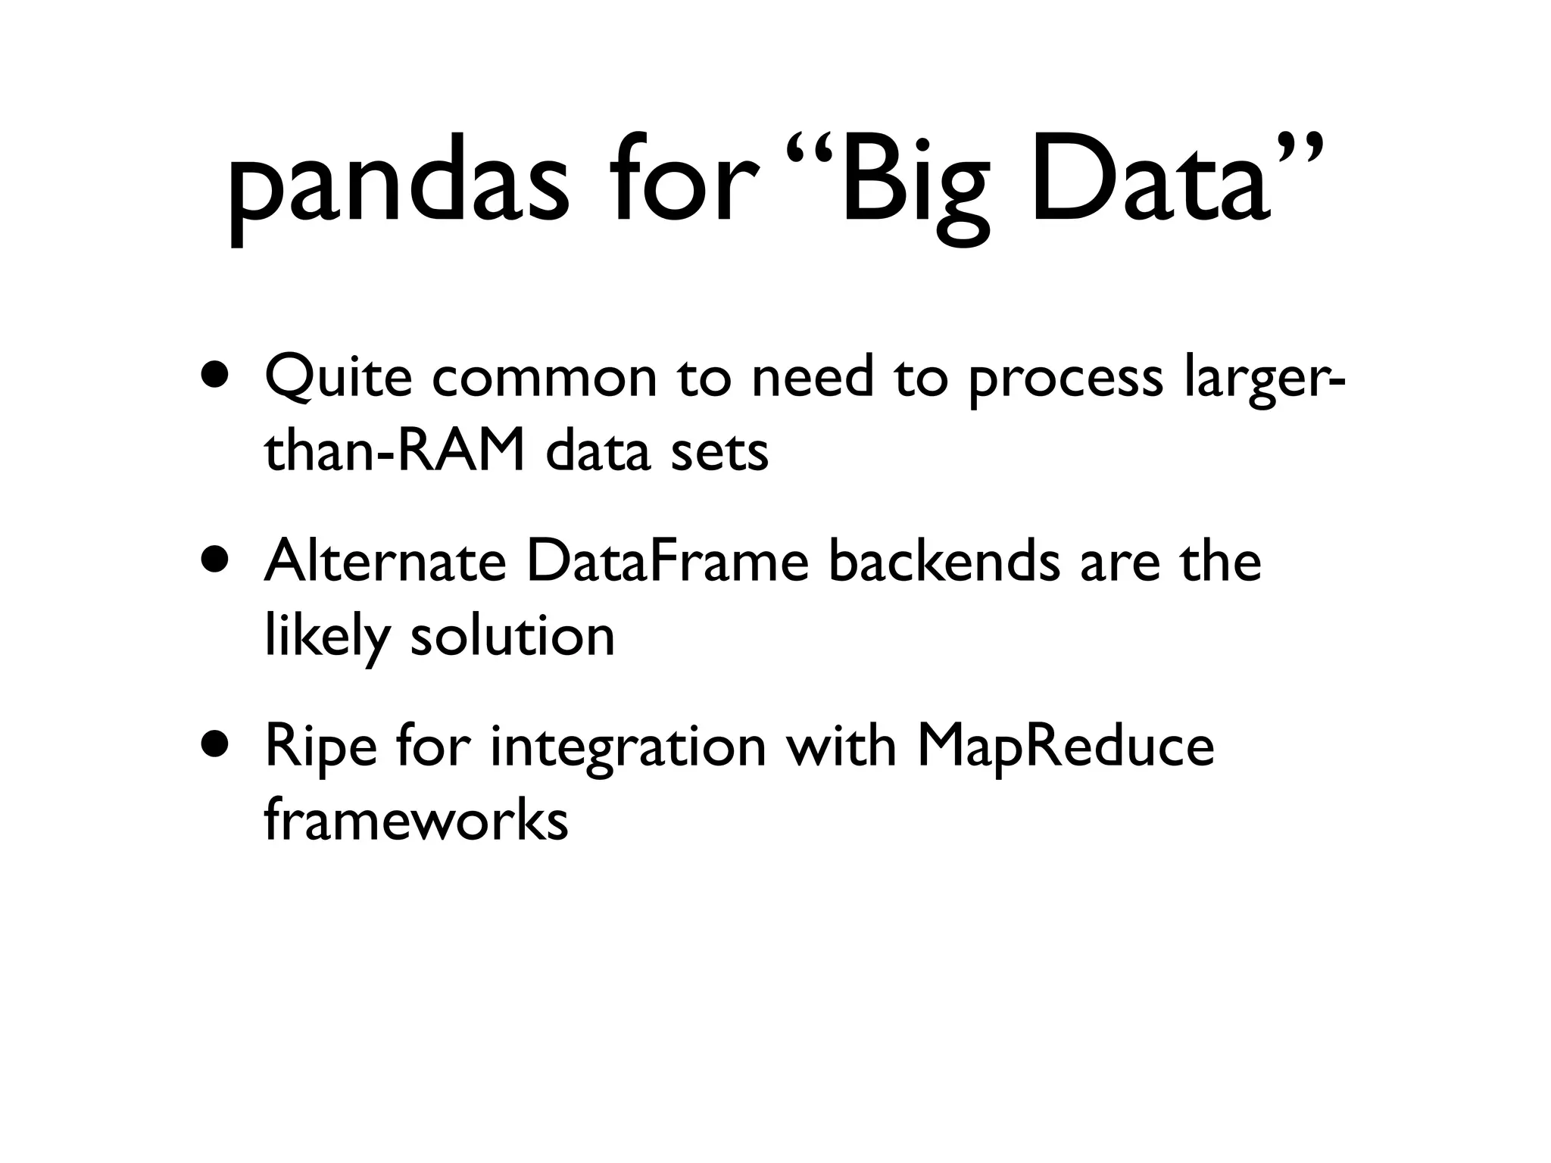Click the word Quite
(338, 376)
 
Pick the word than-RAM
(394, 452)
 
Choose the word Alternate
(385, 561)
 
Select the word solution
(512, 636)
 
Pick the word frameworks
(416, 821)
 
